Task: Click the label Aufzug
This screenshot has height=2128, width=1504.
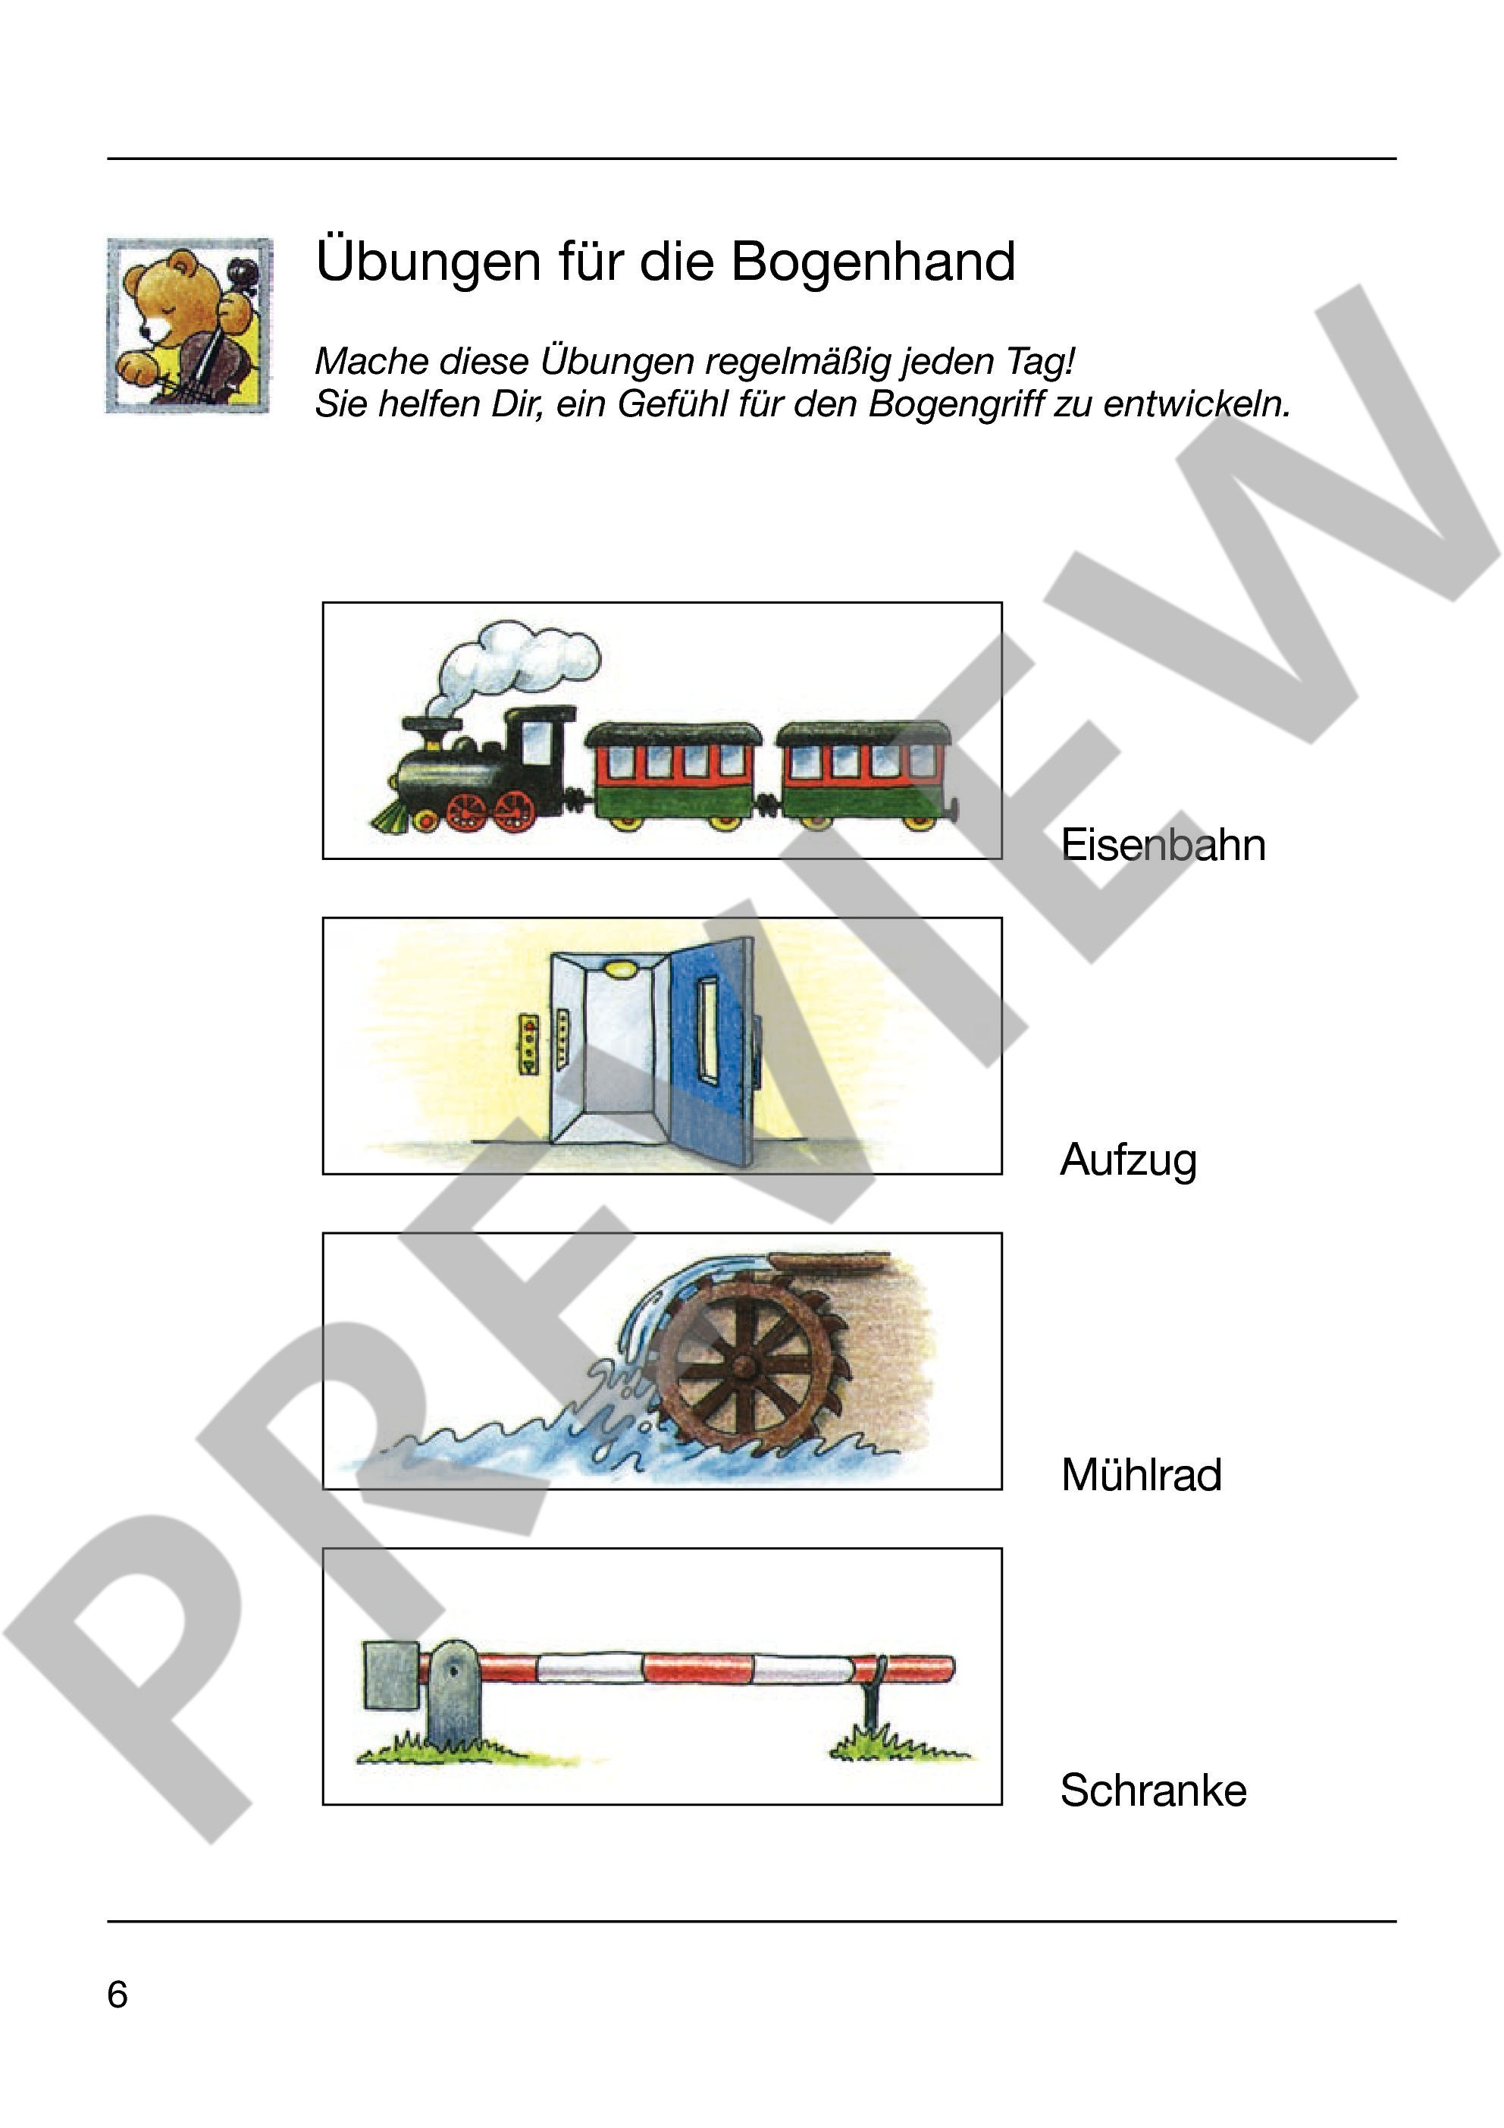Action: (1129, 1161)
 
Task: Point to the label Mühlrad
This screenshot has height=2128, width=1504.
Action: (1142, 1474)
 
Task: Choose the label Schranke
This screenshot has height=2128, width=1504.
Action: (1154, 1790)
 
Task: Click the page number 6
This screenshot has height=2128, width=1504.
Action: (117, 1994)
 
